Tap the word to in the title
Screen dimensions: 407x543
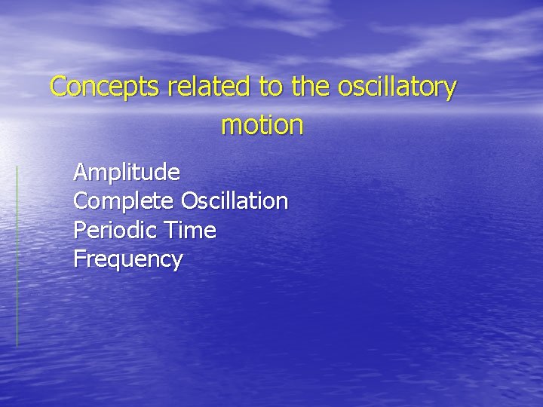coord(270,87)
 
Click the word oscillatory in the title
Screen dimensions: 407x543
coord(397,87)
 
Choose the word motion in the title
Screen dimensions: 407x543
coord(262,125)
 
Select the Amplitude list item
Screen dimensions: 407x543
coord(127,173)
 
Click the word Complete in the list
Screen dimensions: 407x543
coord(124,202)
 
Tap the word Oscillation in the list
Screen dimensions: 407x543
coord(235,202)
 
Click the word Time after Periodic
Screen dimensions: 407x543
coord(194,231)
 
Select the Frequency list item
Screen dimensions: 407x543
coord(127,260)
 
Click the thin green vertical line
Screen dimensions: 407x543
coord(17,256)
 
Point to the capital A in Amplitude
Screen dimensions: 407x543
coord(80,173)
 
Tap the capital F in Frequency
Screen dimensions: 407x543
coord(78,259)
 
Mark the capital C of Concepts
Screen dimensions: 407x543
coord(58,87)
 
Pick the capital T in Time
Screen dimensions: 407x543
coord(177,231)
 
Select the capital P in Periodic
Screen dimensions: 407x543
coord(79,231)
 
